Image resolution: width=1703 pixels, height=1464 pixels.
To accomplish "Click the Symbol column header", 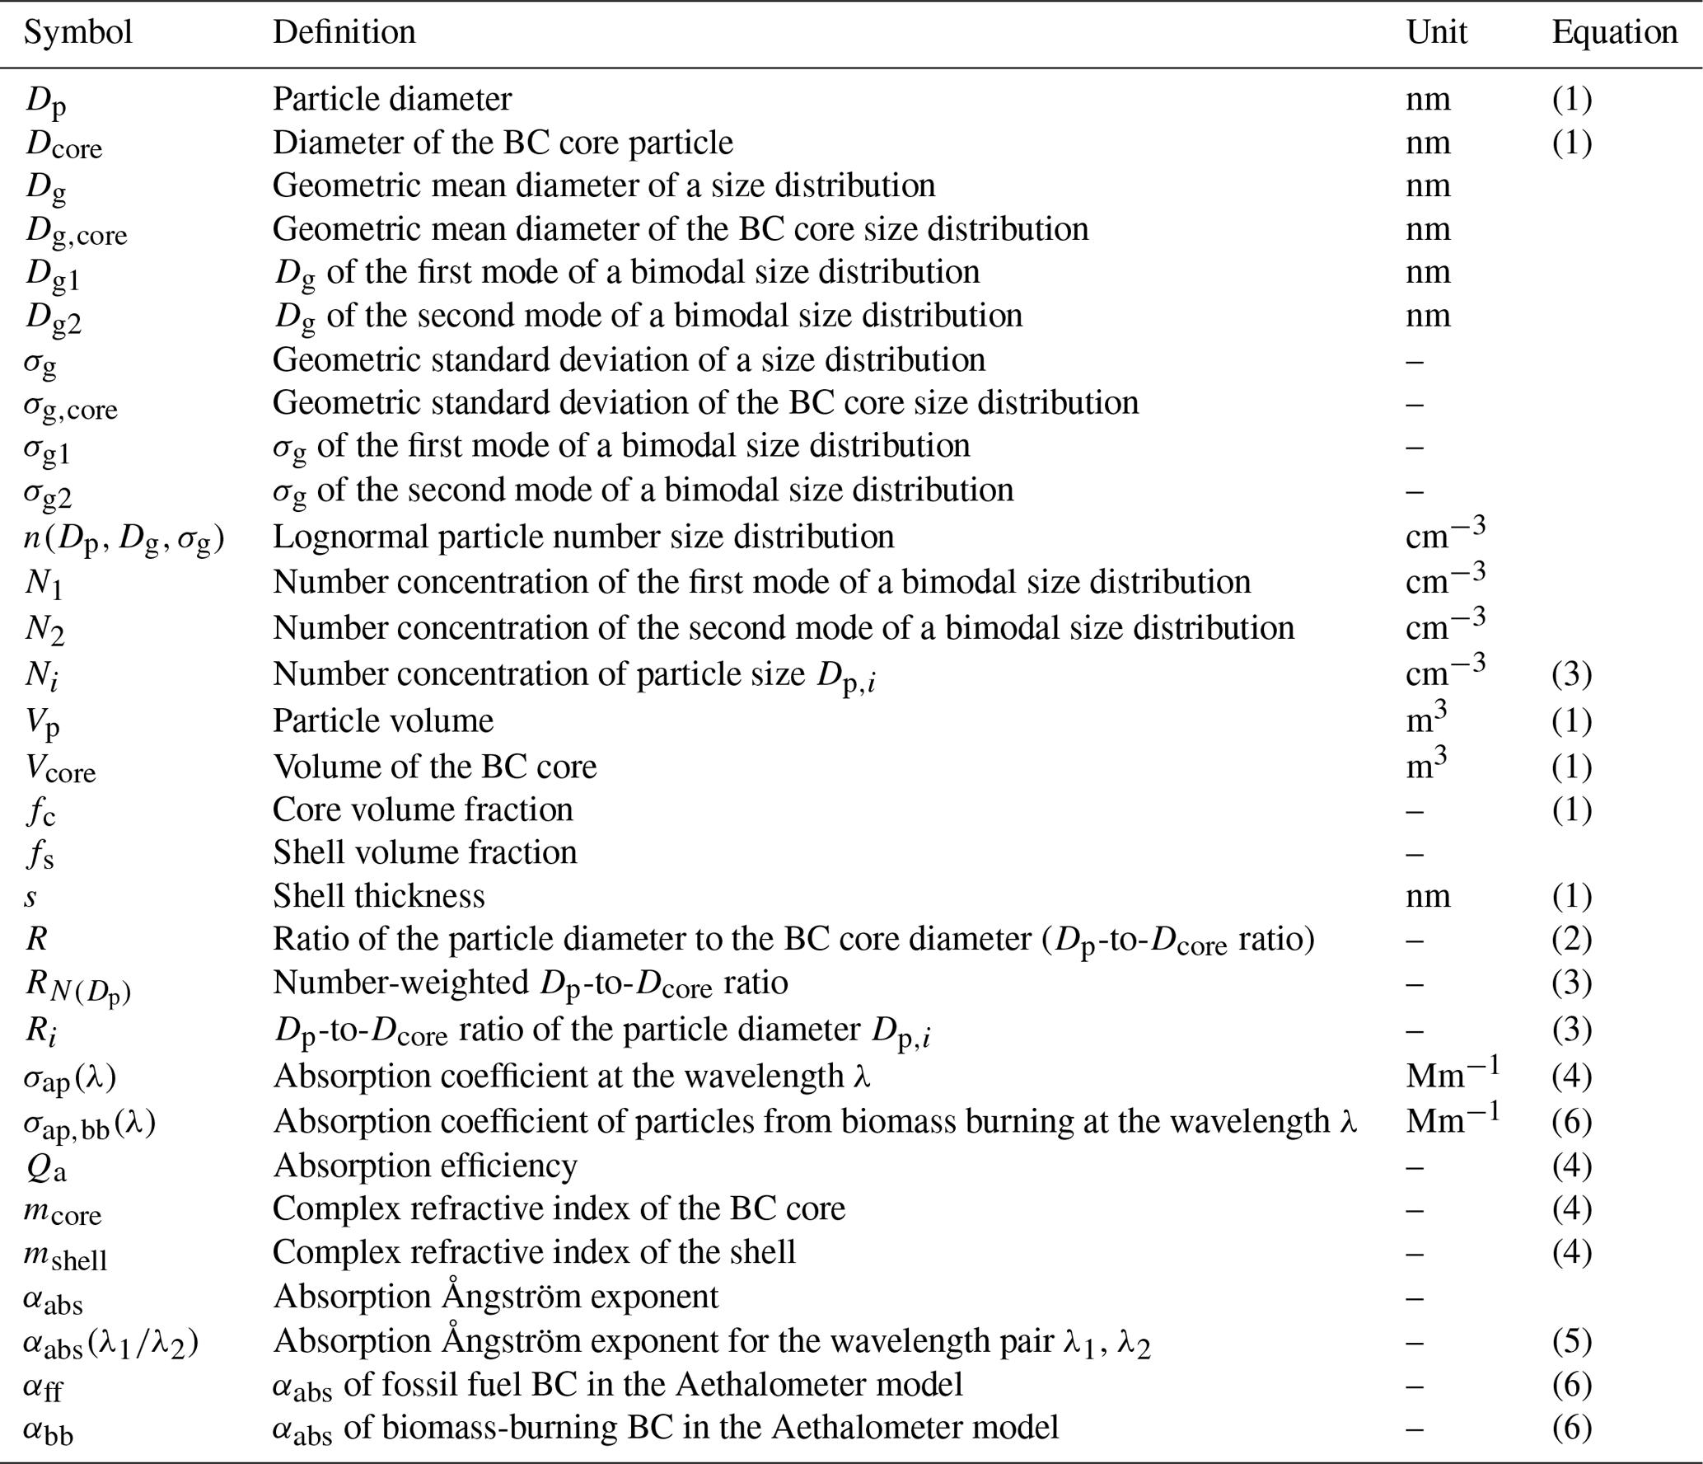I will click(78, 32).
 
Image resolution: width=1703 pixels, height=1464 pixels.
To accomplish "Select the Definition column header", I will click(344, 32).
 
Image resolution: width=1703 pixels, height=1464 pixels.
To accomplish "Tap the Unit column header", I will click(1435, 32).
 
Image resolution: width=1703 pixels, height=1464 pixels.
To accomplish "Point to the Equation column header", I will click(1614, 32).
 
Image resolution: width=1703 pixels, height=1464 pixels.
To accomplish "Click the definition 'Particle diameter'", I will click(392, 99).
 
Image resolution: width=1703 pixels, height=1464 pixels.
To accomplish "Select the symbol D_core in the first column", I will click(63, 144).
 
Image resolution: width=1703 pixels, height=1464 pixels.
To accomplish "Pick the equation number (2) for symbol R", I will click(1571, 939).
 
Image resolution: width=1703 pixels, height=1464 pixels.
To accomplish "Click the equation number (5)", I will click(1571, 1341).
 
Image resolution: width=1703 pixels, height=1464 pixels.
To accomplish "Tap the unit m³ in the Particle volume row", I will click(1425, 719).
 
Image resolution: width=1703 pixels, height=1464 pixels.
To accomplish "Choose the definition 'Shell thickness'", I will click(378, 895).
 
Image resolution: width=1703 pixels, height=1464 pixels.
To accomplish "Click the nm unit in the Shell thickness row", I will click(1427, 895).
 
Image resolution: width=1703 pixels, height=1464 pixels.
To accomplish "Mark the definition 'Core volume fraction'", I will click(423, 809).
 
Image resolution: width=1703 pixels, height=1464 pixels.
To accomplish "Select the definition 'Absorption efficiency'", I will click(424, 1166).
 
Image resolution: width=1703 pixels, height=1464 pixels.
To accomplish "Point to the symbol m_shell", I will click(66, 1254).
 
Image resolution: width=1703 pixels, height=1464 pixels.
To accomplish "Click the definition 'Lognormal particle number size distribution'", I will click(582, 537).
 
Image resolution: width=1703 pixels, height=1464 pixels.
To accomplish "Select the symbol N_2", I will click(44, 629).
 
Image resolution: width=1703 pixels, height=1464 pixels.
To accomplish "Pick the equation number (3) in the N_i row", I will click(1571, 674).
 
